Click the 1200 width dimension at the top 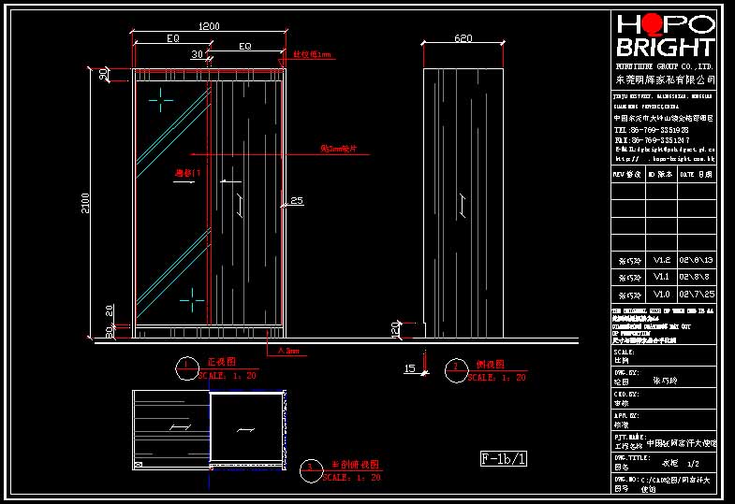click(210, 26)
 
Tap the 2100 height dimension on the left click(86, 203)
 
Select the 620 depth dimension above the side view click(463, 38)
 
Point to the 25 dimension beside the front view click(297, 200)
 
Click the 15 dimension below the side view click(409, 369)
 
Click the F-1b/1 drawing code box click(504, 458)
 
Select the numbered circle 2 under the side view click(456, 368)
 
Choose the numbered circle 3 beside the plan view click(310, 470)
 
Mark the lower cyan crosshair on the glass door click(192, 298)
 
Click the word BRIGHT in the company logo click(666, 48)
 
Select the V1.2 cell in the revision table click(661, 260)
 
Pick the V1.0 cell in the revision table click(661, 294)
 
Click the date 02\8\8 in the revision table click(696, 277)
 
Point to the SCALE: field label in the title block click(624, 353)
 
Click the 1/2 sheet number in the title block click(693, 463)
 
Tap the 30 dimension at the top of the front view click(197, 55)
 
